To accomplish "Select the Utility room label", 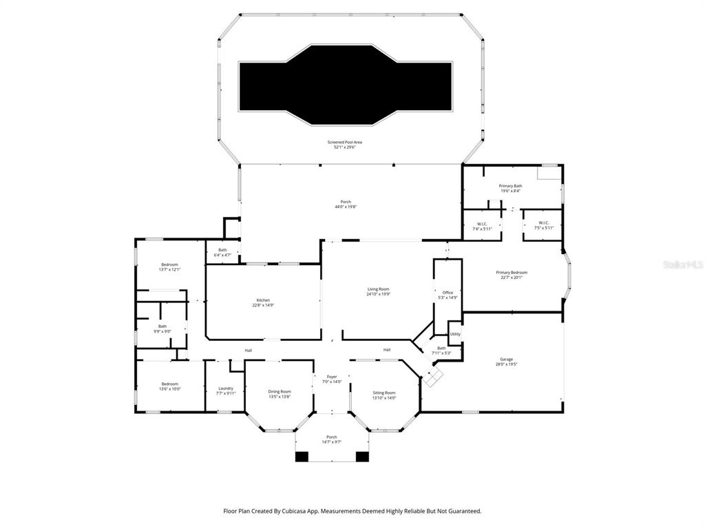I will pyautogui.click(x=455, y=334).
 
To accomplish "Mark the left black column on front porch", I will pyautogui.click(x=302, y=456).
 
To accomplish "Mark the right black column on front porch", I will pyautogui.click(x=362, y=456).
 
